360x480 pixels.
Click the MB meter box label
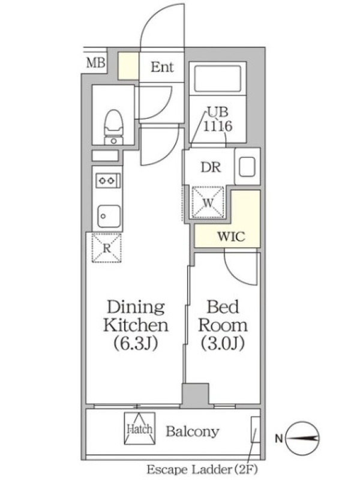96,63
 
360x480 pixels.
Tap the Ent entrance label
162,67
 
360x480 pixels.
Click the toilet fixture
113,127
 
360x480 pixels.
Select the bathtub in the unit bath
218,79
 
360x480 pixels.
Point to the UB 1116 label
218,119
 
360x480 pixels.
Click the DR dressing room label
211,167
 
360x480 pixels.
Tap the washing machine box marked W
208,202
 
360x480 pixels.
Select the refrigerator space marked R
107,248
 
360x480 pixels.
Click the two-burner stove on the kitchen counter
108,181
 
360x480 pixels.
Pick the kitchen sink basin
109,216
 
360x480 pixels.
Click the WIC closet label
231,236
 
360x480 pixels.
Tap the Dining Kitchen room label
136,316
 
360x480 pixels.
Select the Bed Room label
223,316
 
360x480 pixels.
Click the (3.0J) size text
223,343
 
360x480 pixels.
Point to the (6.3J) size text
136,343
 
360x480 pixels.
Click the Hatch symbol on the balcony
140,428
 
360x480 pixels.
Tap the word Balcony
193,431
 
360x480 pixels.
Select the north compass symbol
304,438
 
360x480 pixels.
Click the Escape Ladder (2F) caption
202,469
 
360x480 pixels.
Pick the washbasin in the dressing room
247,167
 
